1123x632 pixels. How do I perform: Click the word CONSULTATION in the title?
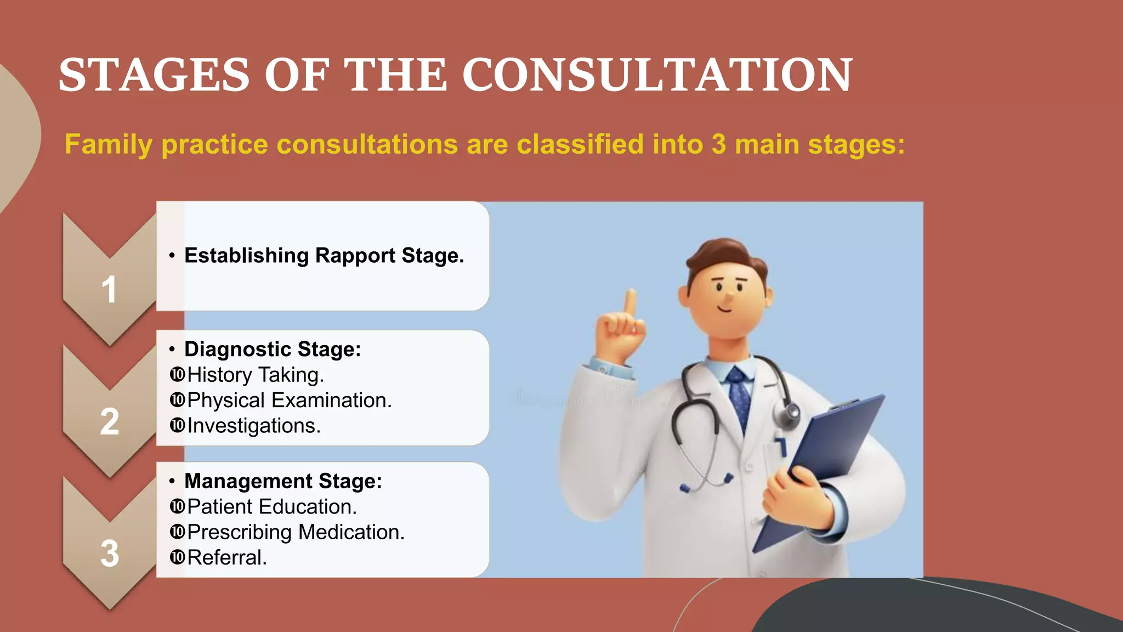coord(657,75)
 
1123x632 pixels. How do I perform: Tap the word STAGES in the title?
coord(155,75)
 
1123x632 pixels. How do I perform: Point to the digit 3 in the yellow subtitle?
coord(718,144)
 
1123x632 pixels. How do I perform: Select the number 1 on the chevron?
coord(109,289)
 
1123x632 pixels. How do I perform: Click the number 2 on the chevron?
coord(110,421)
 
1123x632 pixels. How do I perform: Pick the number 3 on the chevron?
coord(110,553)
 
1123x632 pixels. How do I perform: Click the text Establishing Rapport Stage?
coord(324,256)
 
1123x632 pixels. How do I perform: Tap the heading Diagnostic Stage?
coord(273,349)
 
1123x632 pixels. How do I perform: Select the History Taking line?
coord(256,375)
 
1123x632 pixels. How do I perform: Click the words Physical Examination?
coord(289,400)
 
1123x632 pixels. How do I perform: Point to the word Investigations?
coord(253,426)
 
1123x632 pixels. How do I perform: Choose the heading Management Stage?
coord(283,481)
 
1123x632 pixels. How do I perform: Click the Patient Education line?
coord(271,506)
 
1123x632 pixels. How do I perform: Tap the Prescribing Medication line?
coord(296,532)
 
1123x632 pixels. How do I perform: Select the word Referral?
coord(226,557)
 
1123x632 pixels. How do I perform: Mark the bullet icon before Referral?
coord(177,557)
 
